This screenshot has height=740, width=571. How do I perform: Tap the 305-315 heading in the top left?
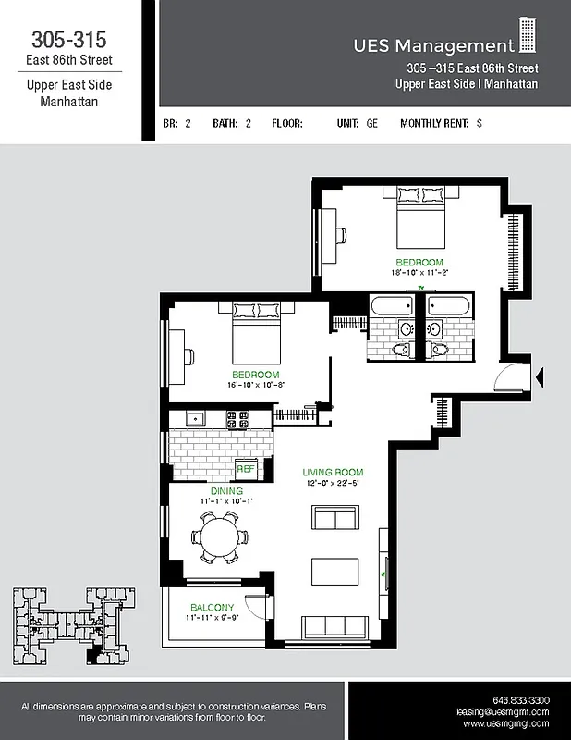68,40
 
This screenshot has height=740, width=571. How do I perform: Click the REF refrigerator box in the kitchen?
246,469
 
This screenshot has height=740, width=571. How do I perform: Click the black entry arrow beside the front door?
541,375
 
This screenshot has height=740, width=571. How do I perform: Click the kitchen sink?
195,419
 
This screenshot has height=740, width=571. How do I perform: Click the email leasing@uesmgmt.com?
503,712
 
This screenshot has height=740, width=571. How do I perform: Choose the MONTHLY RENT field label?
433,123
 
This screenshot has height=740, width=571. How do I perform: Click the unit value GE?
372,123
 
